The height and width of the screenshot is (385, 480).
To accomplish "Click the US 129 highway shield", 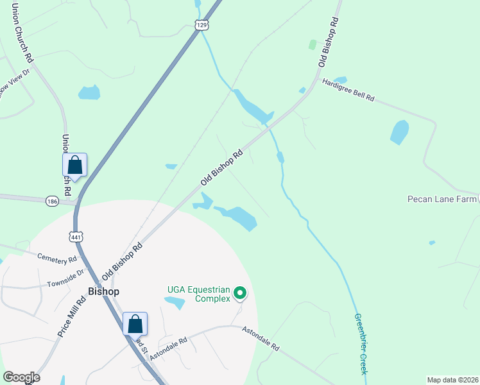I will pyautogui.click(x=201, y=24).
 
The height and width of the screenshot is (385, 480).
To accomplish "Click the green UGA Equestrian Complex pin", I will pyautogui.click(x=240, y=294).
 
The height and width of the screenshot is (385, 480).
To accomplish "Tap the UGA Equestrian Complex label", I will pyautogui.click(x=198, y=294).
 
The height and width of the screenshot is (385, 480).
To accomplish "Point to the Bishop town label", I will pyautogui.click(x=104, y=291).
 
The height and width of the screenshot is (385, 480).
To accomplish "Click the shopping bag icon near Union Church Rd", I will pyautogui.click(x=75, y=165).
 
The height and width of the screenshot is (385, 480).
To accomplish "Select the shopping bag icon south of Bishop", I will pyautogui.click(x=135, y=323).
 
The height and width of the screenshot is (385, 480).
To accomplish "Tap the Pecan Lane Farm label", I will pyautogui.click(x=440, y=199).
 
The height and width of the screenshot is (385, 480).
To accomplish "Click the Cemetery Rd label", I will pyautogui.click(x=57, y=259).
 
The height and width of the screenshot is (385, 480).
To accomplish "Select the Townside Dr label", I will pyautogui.click(x=65, y=278).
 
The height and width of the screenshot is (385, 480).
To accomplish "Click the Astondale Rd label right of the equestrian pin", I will pyautogui.click(x=261, y=338).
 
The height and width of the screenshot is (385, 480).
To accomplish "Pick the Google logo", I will pyautogui.click(x=21, y=377).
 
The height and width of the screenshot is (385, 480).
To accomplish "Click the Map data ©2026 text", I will pyautogui.click(x=452, y=380).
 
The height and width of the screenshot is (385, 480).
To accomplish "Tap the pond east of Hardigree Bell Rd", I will pyautogui.click(x=399, y=132).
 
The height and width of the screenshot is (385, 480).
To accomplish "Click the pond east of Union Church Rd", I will pyautogui.click(x=89, y=92).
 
